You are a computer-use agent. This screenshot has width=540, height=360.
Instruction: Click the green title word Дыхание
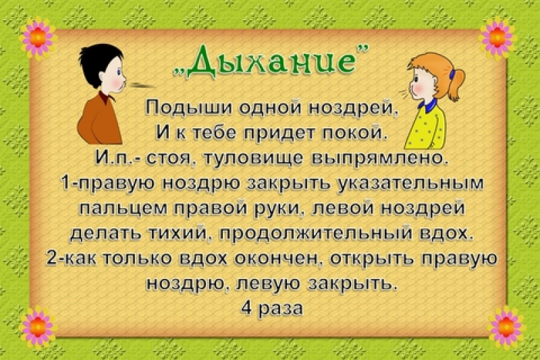(264, 62)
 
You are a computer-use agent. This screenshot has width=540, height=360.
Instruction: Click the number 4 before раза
(246, 307)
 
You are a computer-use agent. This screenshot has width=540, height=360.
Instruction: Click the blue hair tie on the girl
(452, 74)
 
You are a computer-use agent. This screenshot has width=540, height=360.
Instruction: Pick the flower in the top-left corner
(38, 37)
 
